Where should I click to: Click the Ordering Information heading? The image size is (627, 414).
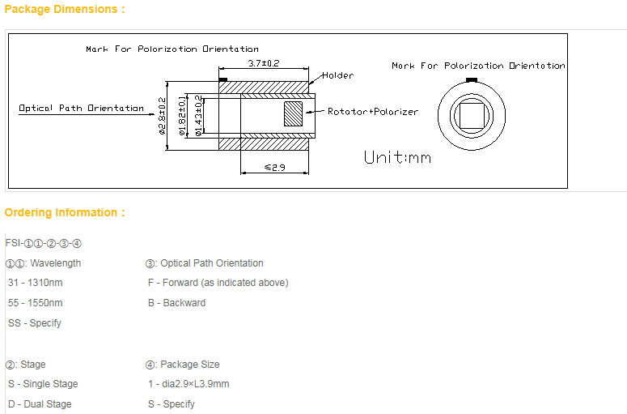[x=65, y=213]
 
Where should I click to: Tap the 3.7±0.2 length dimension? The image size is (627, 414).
[x=263, y=63]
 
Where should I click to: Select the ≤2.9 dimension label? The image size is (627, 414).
[x=275, y=167]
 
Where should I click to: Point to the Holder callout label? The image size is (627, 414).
[x=337, y=75]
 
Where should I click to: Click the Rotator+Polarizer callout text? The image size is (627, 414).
[x=373, y=112]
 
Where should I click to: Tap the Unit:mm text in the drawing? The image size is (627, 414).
[x=397, y=157]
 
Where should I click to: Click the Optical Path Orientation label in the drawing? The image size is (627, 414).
[x=82, y=108]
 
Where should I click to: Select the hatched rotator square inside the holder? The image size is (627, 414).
[x=292, y=113]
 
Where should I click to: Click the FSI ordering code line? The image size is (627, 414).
[x=44, y=243]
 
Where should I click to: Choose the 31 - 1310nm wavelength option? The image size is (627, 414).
[x=36, y=283]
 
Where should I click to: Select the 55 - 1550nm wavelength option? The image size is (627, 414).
[x=36, y=303]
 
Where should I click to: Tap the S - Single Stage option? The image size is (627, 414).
[x=43, y=384]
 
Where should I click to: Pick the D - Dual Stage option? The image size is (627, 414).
[x=40, y=404]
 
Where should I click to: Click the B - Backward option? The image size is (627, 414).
[x=176, y=303]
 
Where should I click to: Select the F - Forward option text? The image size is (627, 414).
[x=218, y=283]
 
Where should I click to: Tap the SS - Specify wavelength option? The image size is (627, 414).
[x=35, y=323]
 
